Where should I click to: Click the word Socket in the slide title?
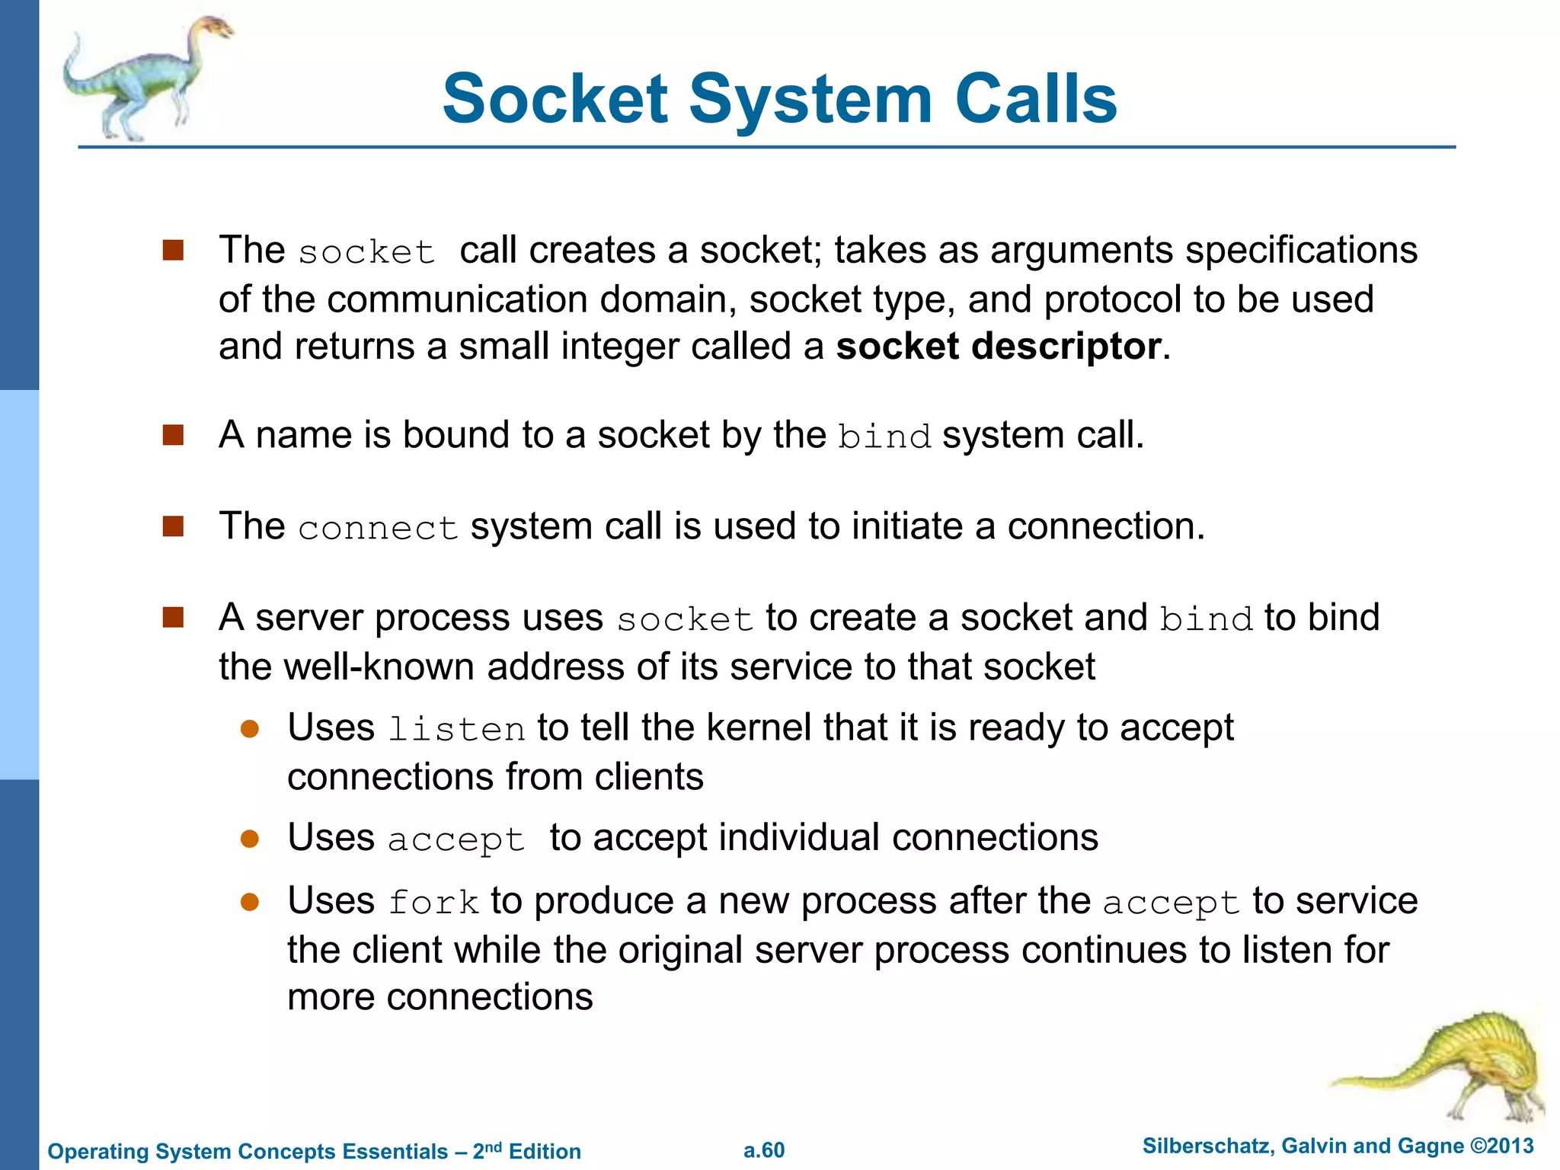(555, 99)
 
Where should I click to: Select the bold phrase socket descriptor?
(999, 347)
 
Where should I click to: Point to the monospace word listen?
(456, 730)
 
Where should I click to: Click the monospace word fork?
(433, 903)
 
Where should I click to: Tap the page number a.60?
(764, 1150)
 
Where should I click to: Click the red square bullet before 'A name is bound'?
(174, 436)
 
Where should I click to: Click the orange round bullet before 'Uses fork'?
(250, 903)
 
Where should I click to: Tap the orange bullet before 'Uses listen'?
(250, 729)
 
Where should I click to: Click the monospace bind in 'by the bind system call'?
(884, 437)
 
